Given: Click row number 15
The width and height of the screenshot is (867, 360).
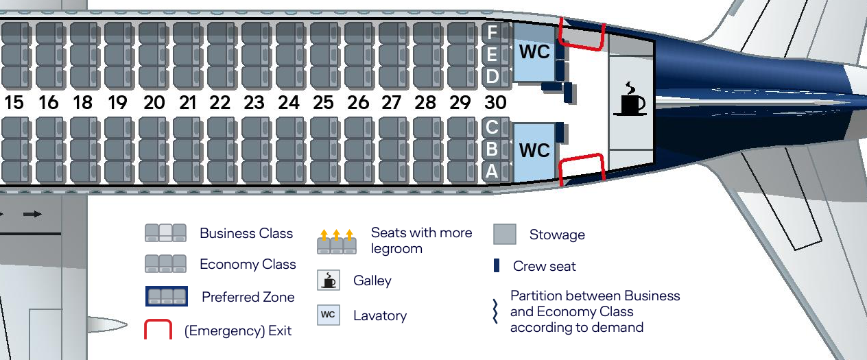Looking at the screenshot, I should click(14, 103).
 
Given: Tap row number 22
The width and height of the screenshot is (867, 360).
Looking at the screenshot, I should click(220, 103).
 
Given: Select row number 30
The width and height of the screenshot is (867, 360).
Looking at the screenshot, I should click(495, 103).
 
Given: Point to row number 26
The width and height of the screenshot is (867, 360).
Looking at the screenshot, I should click(358, 103).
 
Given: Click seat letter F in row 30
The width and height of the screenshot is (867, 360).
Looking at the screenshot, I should click(492, 32).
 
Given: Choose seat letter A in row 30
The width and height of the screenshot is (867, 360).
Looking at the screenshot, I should click(492, 172).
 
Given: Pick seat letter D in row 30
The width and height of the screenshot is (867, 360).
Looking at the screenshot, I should click(492, 76).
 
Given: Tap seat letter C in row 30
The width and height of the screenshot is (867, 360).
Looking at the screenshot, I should click(492, 127).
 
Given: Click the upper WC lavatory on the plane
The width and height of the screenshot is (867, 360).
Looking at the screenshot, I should click(534, 52).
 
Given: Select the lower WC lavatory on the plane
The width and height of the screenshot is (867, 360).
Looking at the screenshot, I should click(534, 150).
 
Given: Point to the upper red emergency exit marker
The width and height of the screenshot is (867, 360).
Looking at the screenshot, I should click(582, 34).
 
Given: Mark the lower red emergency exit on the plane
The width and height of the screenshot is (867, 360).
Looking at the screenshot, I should click(582, 169).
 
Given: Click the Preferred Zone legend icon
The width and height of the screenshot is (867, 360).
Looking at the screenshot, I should click(167, 296).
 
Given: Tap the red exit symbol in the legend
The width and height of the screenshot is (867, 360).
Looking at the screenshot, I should click(158, 329).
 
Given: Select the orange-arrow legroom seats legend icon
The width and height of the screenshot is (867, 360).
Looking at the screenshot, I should click(337, 242).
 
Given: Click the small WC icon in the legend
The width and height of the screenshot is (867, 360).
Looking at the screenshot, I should click(328, 315).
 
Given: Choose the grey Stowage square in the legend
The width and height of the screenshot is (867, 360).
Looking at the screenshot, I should click(505, 235).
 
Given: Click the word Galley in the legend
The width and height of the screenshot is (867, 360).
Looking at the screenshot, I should click(372, 280).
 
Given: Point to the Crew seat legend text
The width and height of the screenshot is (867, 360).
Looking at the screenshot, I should click(544, 266).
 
